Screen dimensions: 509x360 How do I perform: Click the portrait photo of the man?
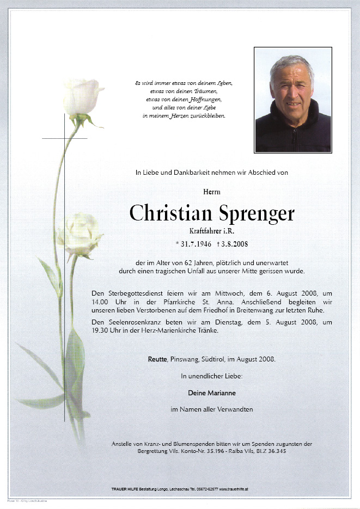293,100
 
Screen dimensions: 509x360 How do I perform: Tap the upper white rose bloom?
83,96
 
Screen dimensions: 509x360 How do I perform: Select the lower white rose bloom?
80,234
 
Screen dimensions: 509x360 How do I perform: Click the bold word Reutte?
157,359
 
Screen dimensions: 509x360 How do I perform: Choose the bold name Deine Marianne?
212,393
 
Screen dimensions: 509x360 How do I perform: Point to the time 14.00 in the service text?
100,302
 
